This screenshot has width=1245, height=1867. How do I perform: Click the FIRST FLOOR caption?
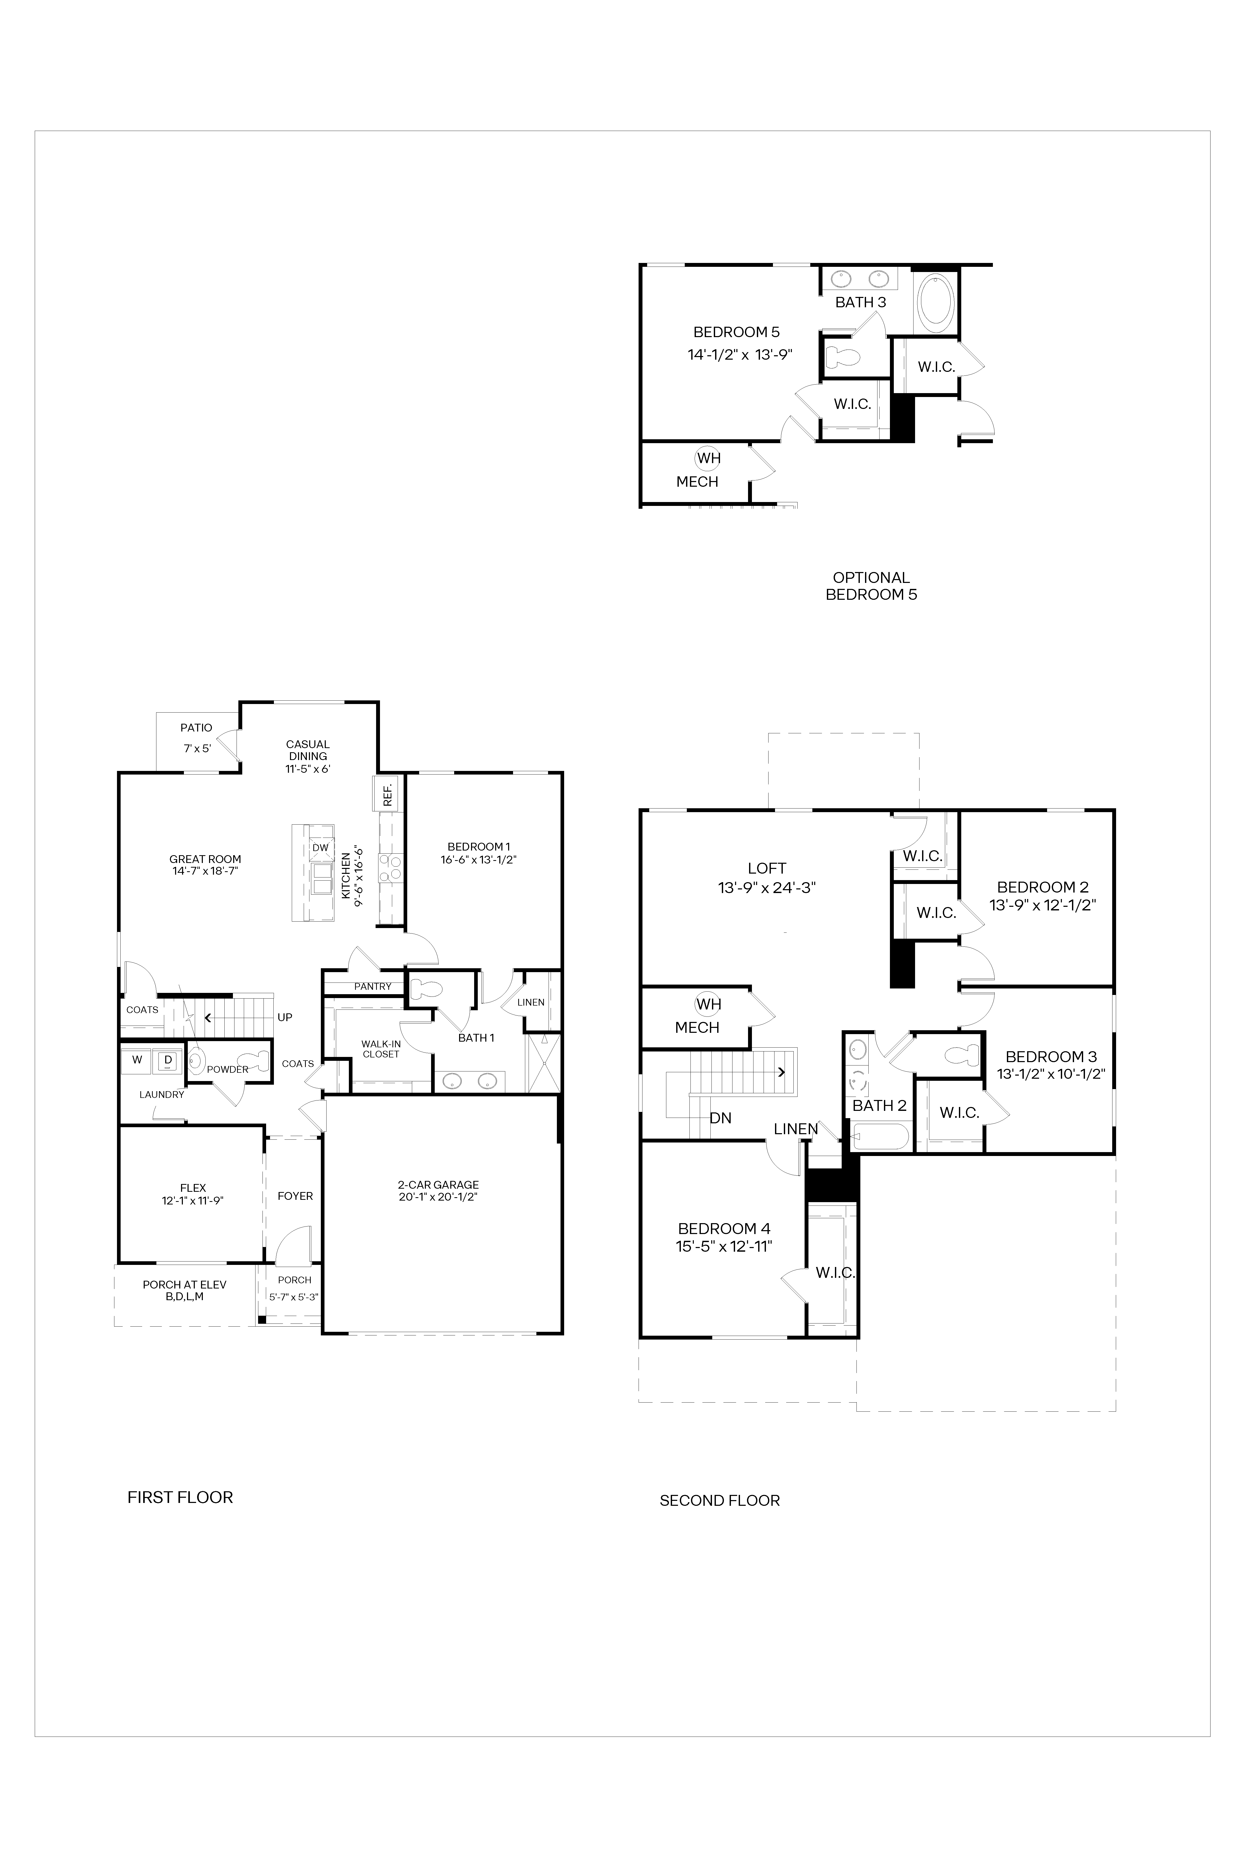[x=180, y=1497]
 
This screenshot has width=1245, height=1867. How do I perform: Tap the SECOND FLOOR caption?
[x=719, y=1500]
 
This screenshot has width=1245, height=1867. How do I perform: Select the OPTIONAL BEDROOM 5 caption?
[x=871, y=586]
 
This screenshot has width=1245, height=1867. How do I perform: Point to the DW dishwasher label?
[x=320, y=848]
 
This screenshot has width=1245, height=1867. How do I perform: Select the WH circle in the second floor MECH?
[x=708, y=1004]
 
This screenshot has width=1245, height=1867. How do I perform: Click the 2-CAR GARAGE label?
[x=438, y=1184]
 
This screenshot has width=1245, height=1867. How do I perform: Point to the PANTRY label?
[x=372, y=987]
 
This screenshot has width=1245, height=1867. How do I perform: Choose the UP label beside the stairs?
[x=284, y=1018]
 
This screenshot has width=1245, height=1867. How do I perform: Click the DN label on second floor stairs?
[x=720, y=1118]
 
